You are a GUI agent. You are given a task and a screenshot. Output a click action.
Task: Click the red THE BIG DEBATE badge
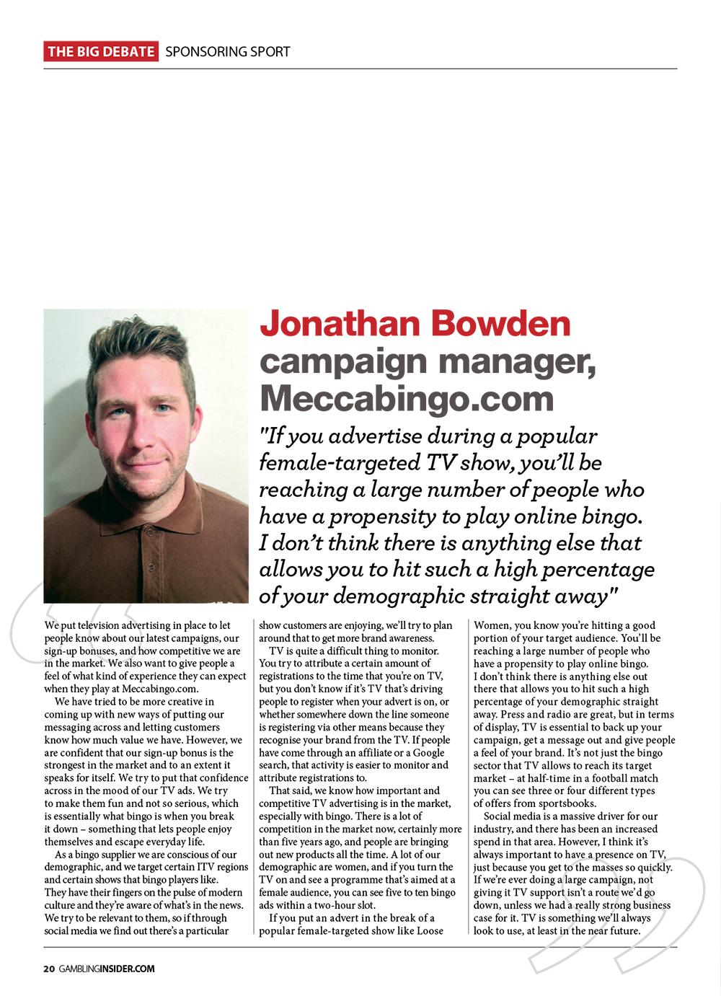[101, 52]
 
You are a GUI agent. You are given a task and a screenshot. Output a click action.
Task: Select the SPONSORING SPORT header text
[227, 52]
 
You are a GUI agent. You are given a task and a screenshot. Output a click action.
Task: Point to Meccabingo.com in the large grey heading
[407, 398]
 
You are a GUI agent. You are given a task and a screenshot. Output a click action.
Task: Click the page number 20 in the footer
[48, 969]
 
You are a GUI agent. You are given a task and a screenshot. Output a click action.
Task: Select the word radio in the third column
[554, 715]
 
